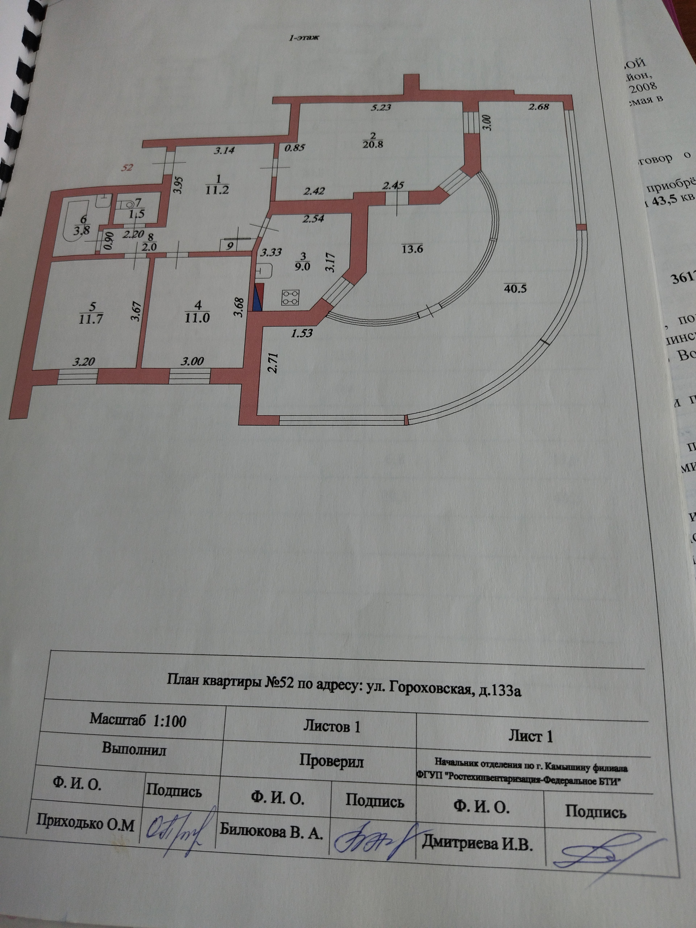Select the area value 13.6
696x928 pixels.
pyautogui.click(x=411, y=249)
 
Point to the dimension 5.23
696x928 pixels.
pyautogui.click(x=381, y=107)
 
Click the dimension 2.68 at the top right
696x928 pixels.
pyautogui.click(x=538, y=107)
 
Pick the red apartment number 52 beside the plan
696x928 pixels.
pyautogui.click(x=127, y=168)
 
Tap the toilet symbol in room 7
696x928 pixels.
pyautogui.click(x=128, y=205)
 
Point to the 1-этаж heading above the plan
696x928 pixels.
pyautogui.click(x=304, y=38)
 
